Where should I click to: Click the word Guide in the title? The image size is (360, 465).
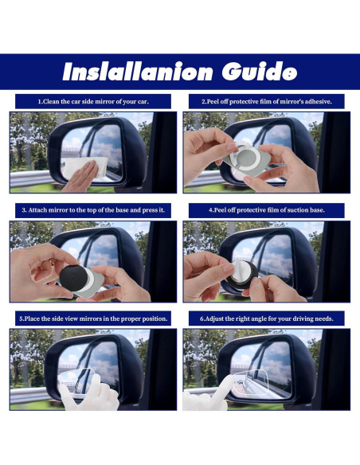[260, 71]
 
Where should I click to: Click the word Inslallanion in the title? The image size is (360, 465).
[138, 72]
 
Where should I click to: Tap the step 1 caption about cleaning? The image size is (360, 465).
[93, 102]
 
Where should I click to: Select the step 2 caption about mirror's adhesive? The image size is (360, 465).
[267, 102]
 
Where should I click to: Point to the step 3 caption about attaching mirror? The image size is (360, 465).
[93, 210]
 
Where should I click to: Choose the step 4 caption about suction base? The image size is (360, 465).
[267, 210]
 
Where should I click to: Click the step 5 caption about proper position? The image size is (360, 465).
[93, 318]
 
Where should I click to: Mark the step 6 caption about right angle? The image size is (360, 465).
[267, 318]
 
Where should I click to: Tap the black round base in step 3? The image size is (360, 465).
[73, 278]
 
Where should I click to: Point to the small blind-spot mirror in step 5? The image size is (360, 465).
[76, 381]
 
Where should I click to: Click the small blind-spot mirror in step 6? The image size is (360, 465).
[252, 385]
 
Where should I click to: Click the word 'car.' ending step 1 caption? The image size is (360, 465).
[143, 102]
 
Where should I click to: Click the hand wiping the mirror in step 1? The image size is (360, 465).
[80, 178]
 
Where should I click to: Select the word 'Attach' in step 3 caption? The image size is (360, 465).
[37, 210]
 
